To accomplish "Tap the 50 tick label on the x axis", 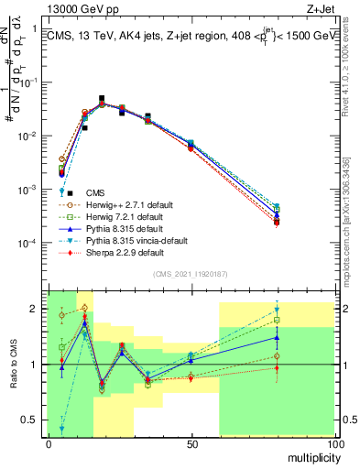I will coord(191,443).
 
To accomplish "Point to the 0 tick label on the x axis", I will coord(49,443).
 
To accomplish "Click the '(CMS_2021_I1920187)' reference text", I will coord(191,274).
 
